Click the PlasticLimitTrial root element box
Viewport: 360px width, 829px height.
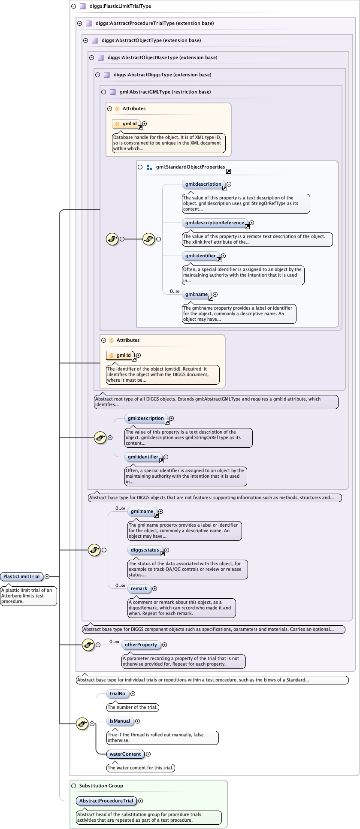coord(22,576)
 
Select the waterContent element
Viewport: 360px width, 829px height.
coord(125,754)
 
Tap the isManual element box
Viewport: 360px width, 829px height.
coord(120,721)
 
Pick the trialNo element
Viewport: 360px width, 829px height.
coord(118,693)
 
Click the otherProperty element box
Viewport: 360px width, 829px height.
coord(141,645)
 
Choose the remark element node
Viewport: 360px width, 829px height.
coord(139,588)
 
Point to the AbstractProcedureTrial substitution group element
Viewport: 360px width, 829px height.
coord(106,801)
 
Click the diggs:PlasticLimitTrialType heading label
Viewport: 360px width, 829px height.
coord(120,6)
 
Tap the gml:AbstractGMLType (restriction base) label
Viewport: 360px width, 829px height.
coord(165,92)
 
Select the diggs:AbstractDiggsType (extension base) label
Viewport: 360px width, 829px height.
coord(162,75)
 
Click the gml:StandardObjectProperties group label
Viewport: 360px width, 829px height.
coord(191,167)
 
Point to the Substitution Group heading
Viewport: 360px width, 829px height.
coord(101,786)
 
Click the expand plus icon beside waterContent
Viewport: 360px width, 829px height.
coord(148,754)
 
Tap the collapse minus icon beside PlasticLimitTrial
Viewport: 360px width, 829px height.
coord(47,576)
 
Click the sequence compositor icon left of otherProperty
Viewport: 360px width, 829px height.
coord(88,644)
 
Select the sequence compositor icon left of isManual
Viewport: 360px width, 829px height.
coord(82,723)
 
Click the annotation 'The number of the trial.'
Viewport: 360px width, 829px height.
coord(133,707)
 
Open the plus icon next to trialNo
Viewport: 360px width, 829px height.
coord(133,693)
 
